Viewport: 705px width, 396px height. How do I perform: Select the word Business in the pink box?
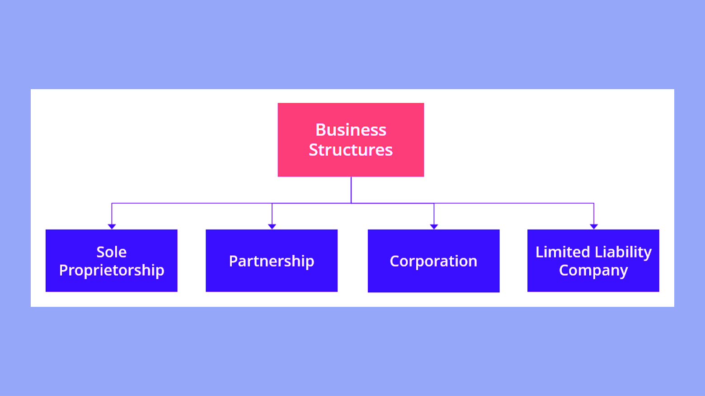point(351,130)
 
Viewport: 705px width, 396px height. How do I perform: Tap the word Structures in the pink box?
point(351,150)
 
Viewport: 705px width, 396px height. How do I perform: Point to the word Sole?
point(111,252)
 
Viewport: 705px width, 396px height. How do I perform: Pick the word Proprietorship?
point(112,270)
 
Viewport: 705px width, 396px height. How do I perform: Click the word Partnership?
point(272,261)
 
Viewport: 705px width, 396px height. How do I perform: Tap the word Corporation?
point(433,261)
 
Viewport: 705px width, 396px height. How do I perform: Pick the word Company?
point(593,270)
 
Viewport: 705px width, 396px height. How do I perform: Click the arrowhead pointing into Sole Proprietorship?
point(112,226)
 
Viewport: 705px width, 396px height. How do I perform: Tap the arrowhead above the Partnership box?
point(272,226)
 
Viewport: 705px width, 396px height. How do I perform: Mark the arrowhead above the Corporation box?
point(434,226)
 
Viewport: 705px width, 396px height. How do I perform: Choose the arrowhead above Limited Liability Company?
point(594,226)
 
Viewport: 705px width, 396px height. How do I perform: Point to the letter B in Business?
point(320,130)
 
